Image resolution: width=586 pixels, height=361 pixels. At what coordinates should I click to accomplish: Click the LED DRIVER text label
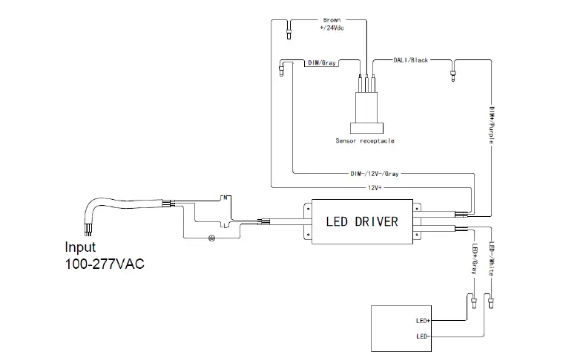(362, 221)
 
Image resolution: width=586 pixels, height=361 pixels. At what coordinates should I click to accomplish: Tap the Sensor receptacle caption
(364, 140)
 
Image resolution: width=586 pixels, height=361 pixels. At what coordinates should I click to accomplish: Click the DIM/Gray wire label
(322, 63)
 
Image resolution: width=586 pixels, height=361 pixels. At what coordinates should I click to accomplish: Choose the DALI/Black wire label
(411, 59)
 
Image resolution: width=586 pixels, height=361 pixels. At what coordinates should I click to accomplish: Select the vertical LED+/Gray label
(474, 259)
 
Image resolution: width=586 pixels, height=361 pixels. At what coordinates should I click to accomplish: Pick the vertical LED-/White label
(492, 259)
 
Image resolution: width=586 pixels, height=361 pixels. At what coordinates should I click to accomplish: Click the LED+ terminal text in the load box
(424, 322)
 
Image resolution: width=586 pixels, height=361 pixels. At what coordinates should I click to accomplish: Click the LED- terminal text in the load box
(424, 336)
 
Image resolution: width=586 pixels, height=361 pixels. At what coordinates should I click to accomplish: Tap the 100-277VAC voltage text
(104, 264)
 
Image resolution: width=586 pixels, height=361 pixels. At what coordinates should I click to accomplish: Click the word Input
(80, 247)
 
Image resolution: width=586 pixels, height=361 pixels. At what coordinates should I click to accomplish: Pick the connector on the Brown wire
(289, 31)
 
